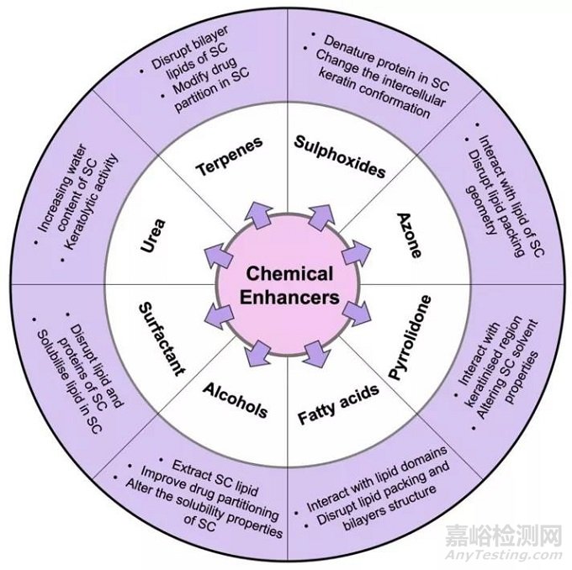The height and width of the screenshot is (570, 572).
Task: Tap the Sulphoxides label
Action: point(340,156)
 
